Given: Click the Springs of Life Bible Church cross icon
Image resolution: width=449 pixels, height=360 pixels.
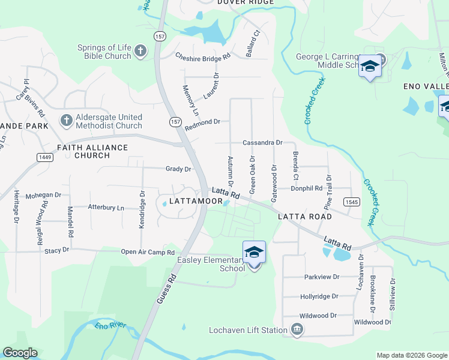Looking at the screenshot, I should coord(140,52).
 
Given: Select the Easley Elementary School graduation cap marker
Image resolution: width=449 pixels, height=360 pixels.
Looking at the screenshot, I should coord(254,253).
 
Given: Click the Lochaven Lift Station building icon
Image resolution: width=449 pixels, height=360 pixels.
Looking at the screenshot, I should coord(297,329).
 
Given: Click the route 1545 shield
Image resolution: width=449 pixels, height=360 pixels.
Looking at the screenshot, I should coord(352,202).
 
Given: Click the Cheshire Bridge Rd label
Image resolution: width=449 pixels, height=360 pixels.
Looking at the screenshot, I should coord(203,57).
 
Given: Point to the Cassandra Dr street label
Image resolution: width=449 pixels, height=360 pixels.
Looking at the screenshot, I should coord(262,143).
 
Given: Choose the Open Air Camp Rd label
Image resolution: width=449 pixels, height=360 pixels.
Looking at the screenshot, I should coord(148,253).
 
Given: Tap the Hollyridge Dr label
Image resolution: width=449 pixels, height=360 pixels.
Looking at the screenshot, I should coord(319,296).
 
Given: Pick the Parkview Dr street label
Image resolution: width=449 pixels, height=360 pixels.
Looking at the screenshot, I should coord(322,277).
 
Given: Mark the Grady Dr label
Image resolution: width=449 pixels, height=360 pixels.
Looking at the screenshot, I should coord(178,169).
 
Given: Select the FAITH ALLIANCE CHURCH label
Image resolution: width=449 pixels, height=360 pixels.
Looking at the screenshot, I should coord(92,151).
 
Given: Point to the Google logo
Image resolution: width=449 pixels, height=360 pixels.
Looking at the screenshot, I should coord(20,353).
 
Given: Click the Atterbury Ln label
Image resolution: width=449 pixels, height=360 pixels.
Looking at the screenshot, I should coord(106,208).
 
